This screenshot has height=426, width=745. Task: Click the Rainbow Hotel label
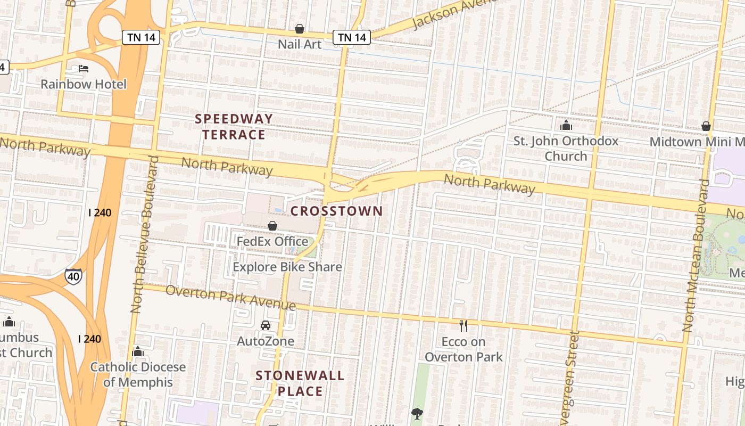tap(84, 84)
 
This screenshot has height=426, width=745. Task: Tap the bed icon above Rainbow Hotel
tap(84, 68)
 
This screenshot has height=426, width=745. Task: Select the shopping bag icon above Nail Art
tap(300, 29)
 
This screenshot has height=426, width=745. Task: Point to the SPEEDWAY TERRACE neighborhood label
tap(234, 126)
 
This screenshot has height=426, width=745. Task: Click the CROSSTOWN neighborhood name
tap(336, 211)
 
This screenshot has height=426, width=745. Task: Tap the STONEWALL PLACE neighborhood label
tap(300, 383)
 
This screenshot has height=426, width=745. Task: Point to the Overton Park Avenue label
tap(230, 298)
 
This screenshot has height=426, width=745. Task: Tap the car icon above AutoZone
tap(266, 325)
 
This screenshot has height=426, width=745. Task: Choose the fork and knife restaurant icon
tap(463, 325)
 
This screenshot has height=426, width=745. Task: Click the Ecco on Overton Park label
tap(463, 349)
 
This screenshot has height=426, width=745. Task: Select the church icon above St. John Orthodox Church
tap(566, 126)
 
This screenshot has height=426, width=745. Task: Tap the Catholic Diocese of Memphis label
tap(138, 374)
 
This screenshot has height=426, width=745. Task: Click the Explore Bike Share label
tap(287, 267)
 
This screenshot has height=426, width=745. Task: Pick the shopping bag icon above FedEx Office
tap(272, 226)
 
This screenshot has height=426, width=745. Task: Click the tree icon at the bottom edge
tap(417, 414)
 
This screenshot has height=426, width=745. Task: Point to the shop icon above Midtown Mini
tap(706, 126)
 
